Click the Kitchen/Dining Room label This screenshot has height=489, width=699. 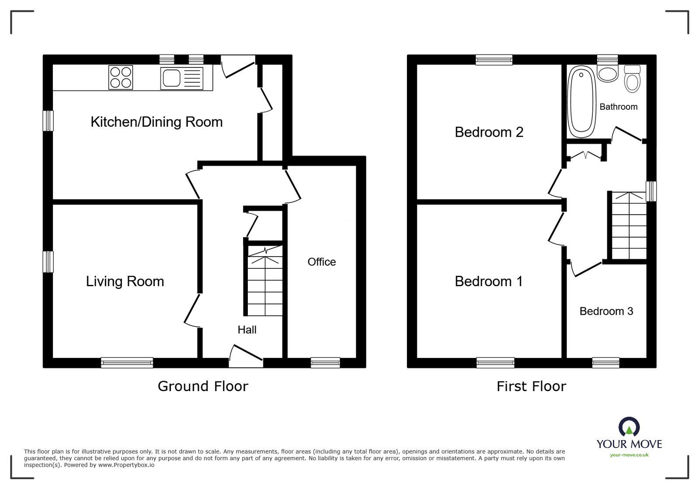pyautogui.click(x=156, y=121)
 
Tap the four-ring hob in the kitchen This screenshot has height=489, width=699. pyautogui.click(x=121, y=77)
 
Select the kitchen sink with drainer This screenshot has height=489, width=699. pyautogui.click(x=181, y=79)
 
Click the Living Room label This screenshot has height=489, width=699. pyautogui.click(x=125, y=281)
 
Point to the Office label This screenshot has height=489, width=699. pyautogui.click(x=322, y=262)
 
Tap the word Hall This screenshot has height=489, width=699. pyautogui.click(x=247, y=329)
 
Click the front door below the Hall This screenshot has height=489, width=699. pyautogui.click(x=246, y=357)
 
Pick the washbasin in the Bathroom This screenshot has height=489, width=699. pyautogui.click(x=607, y=74)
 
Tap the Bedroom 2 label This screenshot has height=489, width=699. pyautogui.click(x=489, y=132)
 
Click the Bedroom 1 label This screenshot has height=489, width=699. pyautogui.click(x=489, y=281)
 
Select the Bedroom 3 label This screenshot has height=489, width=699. pyautogui.click(x=606, y=311)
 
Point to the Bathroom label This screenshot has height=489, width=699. pyautogui.click(x=618, y=107)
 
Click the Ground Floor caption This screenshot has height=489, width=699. pyautogui.click(x=203, y=386)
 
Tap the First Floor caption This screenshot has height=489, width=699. pyautogui.click(x=531, y=386)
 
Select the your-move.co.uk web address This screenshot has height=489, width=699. pyautogui.click(x=629, y=455)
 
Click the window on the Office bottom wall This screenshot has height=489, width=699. pyautogui.click(x=325, y=362)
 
